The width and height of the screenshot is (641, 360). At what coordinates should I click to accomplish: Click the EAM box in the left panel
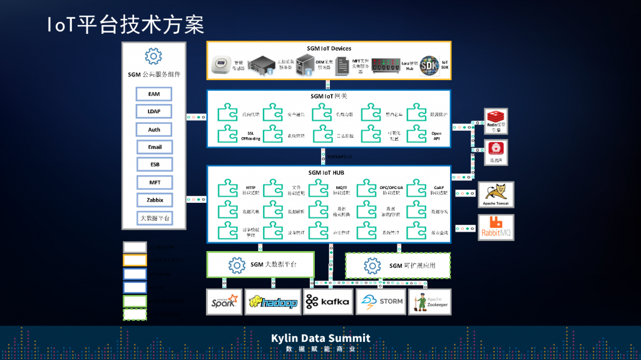pyautogui.click(x=154, y=94)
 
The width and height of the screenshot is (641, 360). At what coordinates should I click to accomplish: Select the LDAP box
pyautogui.click(x=154, y=111)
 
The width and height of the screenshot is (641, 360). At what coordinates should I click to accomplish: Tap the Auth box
pyautogui.click(x=154, y=130)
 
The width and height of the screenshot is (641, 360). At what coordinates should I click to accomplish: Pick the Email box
pyautogui.click(x=154, y=147)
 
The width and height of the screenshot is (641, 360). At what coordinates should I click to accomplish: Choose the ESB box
pyautogui.click(x=154, y=165)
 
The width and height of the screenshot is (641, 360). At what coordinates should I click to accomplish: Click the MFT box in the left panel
pyautogui.click(x=154, y=182)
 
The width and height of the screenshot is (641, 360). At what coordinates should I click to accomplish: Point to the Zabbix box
pyautogui.click(x=154, y=200)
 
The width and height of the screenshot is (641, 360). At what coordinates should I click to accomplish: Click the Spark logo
pyautogui.click(x=224, y=302)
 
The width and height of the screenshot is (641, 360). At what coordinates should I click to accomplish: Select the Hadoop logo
pyautogui.click(x=273, y=302)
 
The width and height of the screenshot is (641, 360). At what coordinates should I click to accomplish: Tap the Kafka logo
pyautogui.click(x=327, y=302)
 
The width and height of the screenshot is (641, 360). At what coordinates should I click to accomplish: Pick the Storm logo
pyautogui.click(x=381, y=302)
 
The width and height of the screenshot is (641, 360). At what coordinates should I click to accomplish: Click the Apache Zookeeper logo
pyautogui.click(x=429, y=302)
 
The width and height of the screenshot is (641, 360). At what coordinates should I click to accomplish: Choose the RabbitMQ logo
pyautogui.click(x=496, y=228)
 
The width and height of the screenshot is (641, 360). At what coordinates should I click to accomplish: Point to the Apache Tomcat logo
pyautogui.click(x=496, y=195)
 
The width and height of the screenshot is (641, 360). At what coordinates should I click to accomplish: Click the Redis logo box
pyautogui.click(x=496, y=120)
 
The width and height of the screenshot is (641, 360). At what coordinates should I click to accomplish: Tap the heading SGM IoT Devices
pyautogui.click(x=329, y=48)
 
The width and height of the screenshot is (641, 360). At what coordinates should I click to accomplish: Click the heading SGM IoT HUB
pyautogui.click(x=329, y=172)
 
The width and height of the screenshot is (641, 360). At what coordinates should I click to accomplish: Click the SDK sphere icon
pyautogui.click(x=429, y=65)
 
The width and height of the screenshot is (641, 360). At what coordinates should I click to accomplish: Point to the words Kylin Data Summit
pyautogui.click(x=320, y=338)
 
